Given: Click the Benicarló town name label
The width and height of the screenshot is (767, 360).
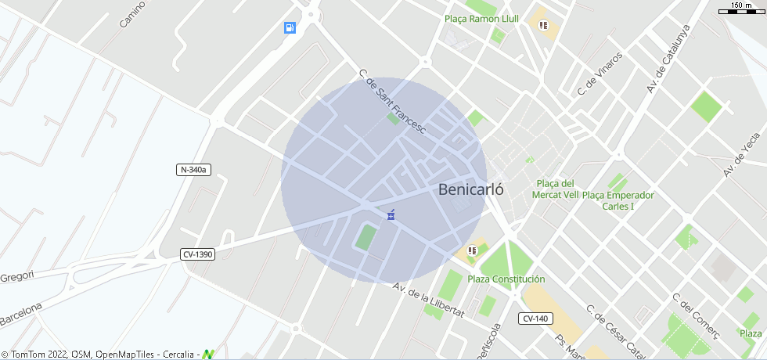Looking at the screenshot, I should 470,189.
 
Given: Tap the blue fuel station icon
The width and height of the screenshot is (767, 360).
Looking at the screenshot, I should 290,28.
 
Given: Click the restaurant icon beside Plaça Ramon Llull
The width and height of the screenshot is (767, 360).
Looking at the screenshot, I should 543,25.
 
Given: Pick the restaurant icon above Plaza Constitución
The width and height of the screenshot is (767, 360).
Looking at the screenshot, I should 472,250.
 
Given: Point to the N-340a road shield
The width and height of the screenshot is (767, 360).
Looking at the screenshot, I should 194,170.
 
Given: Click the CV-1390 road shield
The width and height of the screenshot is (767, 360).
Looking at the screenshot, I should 197,254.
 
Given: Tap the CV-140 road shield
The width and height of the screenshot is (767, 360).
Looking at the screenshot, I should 535,319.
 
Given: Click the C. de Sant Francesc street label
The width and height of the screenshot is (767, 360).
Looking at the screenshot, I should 391,103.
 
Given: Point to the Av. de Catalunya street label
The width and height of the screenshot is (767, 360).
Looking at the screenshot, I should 668,59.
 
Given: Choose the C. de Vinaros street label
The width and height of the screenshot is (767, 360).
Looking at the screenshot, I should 600,74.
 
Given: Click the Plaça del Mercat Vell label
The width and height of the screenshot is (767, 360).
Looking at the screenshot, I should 556,189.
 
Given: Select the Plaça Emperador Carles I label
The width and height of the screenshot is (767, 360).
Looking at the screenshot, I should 618,200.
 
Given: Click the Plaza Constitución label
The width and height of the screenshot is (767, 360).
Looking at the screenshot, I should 506,279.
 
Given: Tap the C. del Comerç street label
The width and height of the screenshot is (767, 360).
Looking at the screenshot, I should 695,317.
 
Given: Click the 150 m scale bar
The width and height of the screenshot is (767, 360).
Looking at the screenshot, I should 740,8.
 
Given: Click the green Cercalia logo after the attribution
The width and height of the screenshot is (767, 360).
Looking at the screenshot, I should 208,355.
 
